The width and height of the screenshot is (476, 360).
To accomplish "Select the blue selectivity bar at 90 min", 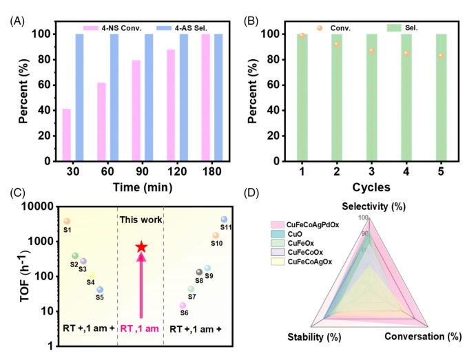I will (149, 97).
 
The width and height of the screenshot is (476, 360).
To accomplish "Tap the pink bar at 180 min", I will (205, 97).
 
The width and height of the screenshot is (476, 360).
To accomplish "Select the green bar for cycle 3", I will (371, 97).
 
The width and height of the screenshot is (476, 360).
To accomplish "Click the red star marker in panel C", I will (141, 247).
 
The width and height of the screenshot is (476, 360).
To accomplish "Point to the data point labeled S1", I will (67, 221).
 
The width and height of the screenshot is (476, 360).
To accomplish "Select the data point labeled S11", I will (224, 220).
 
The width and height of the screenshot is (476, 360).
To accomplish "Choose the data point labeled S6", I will (183, 306).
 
